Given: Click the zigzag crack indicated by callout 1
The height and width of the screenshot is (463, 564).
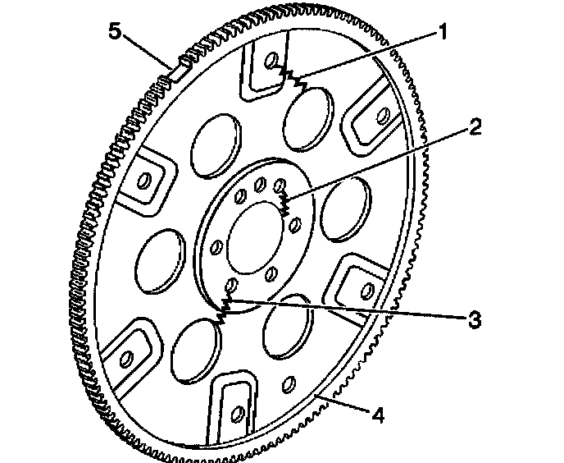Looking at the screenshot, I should [x=292, y=77].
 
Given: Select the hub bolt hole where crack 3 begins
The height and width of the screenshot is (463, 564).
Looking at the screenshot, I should [x=232, y=284].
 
